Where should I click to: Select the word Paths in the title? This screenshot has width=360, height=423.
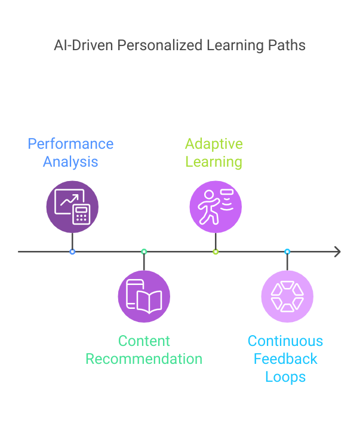click(x=288, y=46)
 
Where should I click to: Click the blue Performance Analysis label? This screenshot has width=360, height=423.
click(x=70, y=153)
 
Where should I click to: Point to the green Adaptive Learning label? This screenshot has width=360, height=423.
click(x=214, y=153)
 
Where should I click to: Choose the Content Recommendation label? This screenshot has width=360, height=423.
click(x=144, y=350)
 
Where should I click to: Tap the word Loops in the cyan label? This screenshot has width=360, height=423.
click(x=285, y=377)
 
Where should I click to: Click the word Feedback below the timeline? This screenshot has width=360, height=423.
click(x=285, y=359)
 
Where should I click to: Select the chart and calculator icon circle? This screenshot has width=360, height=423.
click(x=72, y=207)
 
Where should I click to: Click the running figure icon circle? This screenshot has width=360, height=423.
click(x=216, y=207)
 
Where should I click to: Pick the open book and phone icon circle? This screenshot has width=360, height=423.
click(x=144, y=296)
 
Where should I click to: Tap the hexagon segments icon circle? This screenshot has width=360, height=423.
click(x=287, y=296)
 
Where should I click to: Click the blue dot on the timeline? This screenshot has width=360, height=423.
click(x=72, y=252)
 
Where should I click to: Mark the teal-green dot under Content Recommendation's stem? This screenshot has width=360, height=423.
click(x=144, y=252)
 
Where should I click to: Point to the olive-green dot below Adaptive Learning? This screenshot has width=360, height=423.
click(x=216, y=252)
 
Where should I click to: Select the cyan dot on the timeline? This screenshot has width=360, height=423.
click(x=287, y=252)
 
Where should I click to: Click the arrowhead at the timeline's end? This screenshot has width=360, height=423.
click(x=337, y=252)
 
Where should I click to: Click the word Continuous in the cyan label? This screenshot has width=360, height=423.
click(x=285, y=341)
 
